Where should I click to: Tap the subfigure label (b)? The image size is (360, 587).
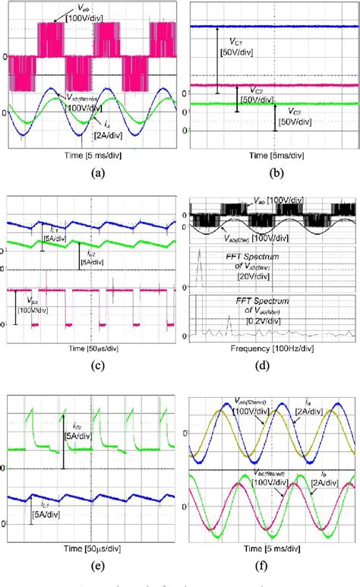269,172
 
